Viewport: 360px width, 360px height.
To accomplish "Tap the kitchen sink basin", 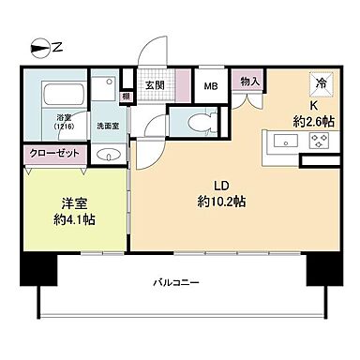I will [x=283, y=142].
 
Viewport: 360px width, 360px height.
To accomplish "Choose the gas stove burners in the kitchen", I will [x=320, y=142].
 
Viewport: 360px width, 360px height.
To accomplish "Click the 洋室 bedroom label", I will [x=67, y=202].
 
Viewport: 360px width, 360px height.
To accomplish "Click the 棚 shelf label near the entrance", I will [x=126, y=96].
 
